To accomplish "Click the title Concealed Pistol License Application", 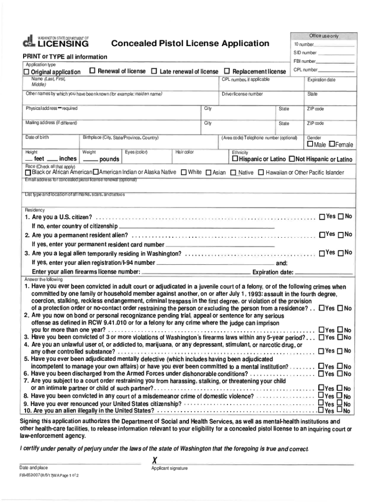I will coord(190,44).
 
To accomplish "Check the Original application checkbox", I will coord(27,72).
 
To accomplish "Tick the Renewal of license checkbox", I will coord(92,71).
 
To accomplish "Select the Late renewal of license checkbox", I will coord(154,72).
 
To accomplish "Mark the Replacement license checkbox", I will coord(227,72).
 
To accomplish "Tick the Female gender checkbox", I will coord(332,145).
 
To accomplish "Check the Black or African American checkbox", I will coord(28,173).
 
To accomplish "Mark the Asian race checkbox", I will coord(208,173).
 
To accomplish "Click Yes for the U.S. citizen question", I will coord(322,217).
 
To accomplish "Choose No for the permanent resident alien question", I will coord(340,235).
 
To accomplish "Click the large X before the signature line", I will coord(156,460).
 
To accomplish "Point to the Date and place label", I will coord(33,468).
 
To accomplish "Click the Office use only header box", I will coord(324,36).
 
